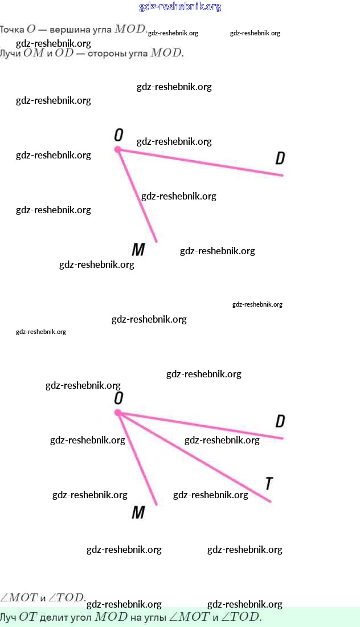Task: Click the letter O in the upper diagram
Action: click(x=118, y=135)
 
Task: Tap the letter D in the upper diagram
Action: click(x=280, y=158)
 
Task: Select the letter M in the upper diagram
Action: click(x=138, y=250)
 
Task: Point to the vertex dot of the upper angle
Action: click(x=118, y=149)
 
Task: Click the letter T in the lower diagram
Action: click(x=269, y=484)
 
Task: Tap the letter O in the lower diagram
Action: click(x=118, y=398)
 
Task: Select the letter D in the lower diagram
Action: click(x=280, y=421)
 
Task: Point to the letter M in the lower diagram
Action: click(x=138, y=512)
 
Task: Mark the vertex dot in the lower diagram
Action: click(x=118, y=412)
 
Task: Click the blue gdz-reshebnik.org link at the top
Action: click(x=180, y=7)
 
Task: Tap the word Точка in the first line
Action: click(x=12, y=29)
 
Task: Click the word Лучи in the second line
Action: click(x=9, y=54)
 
